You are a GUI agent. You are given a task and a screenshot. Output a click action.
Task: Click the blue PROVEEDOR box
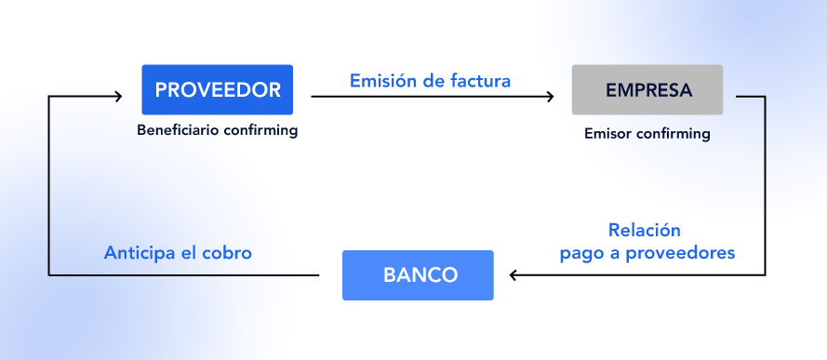pyautogui.click(x=218, y=89)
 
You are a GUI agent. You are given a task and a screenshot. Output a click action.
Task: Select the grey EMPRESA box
pyautogui.click(x=647, y=89)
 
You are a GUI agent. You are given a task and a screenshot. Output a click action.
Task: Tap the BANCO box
pyautogui.click(x=418, y=275)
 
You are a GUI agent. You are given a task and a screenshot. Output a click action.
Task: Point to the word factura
pyautogui.click(x=481, y=81)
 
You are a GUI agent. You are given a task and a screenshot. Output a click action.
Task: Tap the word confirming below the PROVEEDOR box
pyautogui.click(x=260, y=130)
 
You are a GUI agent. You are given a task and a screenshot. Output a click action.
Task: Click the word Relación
pyautogui.click(x=645, y=230)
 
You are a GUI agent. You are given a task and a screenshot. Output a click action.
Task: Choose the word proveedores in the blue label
pyautogui.click(x=680, y=253)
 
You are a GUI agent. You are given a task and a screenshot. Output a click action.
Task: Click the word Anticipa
pyautogui.click(x=140, y=253)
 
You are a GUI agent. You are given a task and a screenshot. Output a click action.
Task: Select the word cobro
pyautogui.click(x=227, y=253)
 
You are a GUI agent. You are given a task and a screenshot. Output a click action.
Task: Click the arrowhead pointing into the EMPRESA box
pyautogui.click(x=550, y=97)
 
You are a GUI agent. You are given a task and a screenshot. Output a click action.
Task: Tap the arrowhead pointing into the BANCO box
pyautogui.click(x=514, y=274)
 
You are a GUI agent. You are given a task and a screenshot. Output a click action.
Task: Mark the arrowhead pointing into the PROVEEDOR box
pyautogui.click(x=118, y=96)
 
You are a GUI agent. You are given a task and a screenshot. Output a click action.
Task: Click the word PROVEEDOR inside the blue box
pyautogui.click(x=218, y=90)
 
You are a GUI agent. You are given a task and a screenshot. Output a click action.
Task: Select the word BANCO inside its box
pyautogui.click(x=420, y=275)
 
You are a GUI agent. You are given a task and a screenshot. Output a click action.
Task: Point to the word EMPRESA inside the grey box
pyautogui.click(x=648, y=90)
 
